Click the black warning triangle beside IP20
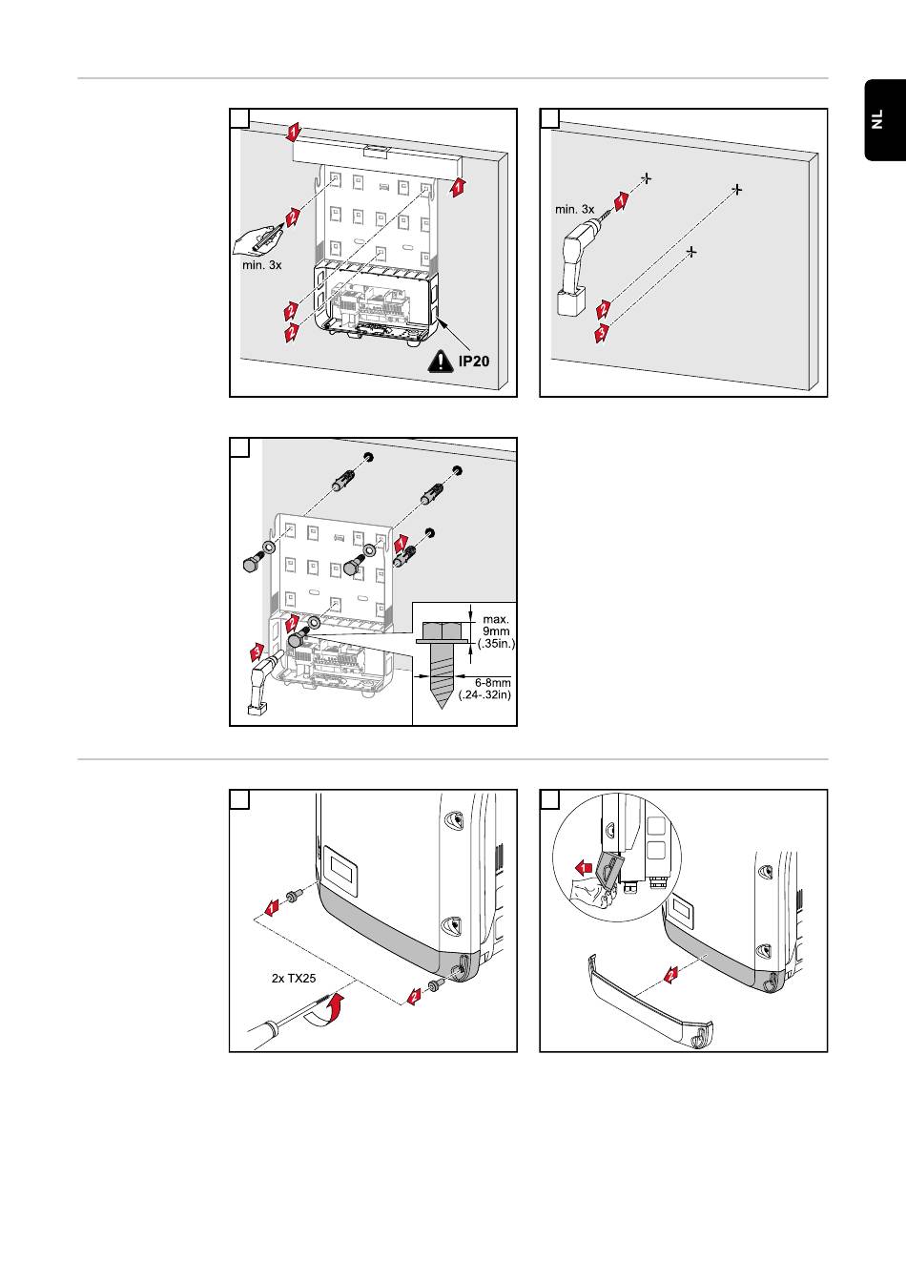[x=442, y=362]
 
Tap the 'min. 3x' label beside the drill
[x=575, y=209]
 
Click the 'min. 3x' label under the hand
[x=261, y=265]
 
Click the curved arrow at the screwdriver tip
[x=324, y=1012]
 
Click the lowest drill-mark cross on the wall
[x=692, y=252]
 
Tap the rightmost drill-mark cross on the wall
[x=736, y=190]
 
